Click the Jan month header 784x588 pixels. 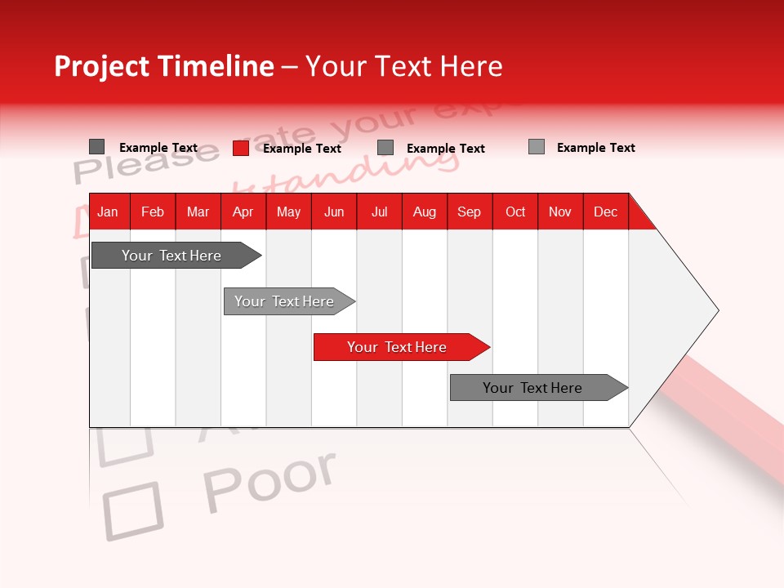click(108, 212)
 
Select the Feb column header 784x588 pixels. click(153, 212)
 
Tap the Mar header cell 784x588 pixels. click(198, 212)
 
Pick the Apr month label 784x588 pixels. click(243, 212)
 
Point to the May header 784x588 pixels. click(288, 212)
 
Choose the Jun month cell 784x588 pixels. click(334, 212)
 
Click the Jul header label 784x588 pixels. click(379, 212)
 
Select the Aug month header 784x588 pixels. click(425, 212)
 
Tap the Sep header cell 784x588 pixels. click(470, 212)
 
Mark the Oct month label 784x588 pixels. click(515, 212)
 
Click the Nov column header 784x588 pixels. click(560, 212)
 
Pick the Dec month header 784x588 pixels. click(606, 212)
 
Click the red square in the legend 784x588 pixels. click(241, 148)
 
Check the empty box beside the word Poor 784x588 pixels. click(132, 510)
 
